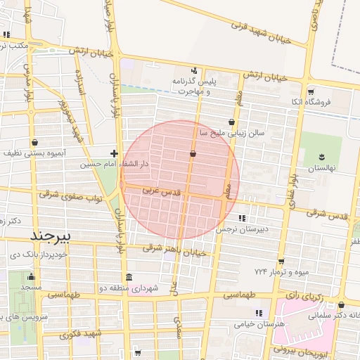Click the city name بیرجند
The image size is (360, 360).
[x=47, y=234]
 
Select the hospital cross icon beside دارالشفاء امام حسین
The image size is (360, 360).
[x=114, y=153]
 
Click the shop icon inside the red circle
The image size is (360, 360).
[x=193, y=153]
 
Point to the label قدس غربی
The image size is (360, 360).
[x=162, y=191]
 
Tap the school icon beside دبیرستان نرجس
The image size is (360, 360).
[x=242, y=219]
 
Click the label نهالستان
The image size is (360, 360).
[x=323, y=169]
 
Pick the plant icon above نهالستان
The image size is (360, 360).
[x=323, y=157]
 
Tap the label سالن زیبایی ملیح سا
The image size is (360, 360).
[x=231, y=132]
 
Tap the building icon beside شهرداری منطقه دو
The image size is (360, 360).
[x=128, y=277]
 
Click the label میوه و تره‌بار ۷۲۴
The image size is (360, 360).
[x=281, y=271]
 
